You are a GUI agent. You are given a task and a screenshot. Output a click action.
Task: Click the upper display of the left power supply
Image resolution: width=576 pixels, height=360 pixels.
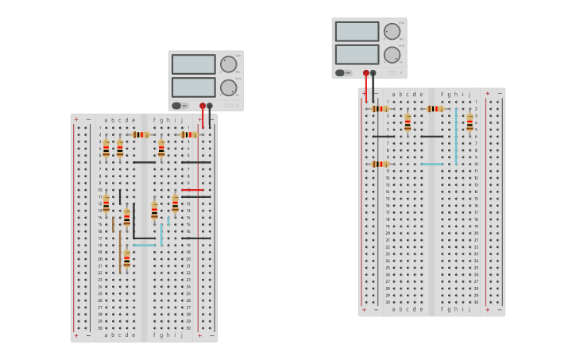click(193, 64)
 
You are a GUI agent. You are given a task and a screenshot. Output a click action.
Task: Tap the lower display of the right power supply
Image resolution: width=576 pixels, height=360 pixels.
click(357, 55)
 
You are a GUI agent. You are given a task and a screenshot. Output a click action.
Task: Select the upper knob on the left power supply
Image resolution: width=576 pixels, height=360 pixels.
click(228, 64)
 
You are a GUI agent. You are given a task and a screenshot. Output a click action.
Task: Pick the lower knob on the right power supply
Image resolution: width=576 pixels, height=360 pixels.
click(392, 55)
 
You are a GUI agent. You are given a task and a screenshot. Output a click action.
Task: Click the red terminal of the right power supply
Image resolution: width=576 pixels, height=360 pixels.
click(365, 73)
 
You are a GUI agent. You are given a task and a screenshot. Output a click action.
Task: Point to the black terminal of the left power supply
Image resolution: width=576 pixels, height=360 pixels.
click(210, 106)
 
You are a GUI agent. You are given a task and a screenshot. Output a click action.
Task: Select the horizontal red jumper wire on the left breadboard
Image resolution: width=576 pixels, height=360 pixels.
click(192, 190)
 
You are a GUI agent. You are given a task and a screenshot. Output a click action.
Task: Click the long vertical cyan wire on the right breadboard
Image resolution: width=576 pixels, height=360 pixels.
click(456, 135)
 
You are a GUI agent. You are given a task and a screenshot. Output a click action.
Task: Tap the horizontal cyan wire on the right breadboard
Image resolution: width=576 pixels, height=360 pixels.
click(432, 164)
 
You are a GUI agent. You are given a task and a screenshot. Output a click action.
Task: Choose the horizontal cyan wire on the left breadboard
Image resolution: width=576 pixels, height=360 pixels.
click(145, 245)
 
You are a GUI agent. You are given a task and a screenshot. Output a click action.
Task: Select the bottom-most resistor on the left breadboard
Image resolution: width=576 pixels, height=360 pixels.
click(127, 259)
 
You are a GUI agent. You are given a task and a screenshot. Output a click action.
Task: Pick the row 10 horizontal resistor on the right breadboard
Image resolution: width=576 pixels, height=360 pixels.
click(380, 164)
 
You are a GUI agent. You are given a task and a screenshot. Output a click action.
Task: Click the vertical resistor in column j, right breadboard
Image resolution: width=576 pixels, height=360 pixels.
click(470, 122)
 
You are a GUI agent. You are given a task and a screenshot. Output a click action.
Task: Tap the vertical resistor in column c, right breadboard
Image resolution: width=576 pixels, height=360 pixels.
click(408, 122)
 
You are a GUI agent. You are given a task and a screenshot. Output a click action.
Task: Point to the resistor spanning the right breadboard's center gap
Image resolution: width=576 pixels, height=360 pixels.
click(435, 109)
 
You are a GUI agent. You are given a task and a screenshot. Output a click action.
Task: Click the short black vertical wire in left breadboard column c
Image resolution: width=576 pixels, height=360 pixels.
click(120, 196)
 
